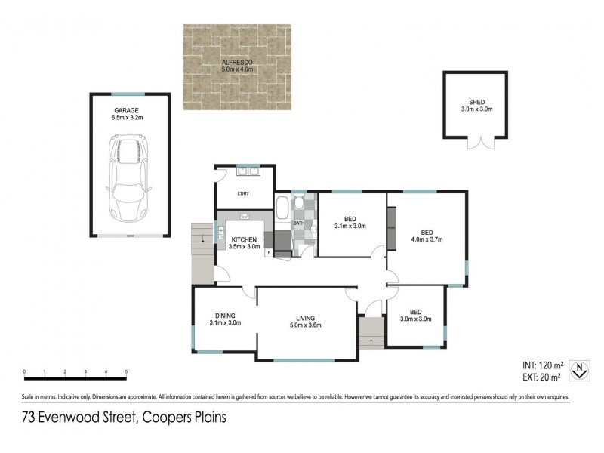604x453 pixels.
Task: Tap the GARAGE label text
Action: (x=126, y=109)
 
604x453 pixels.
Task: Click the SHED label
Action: (x=476, y=102)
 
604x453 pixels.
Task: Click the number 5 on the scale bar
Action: (x=126, y=372)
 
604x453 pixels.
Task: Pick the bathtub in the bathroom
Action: (x=282, y=211)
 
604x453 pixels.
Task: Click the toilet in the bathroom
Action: (x=299, y=203)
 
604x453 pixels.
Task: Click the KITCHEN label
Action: (x=244, y=239)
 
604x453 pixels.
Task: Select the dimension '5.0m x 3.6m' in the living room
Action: (x=306, y=325)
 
